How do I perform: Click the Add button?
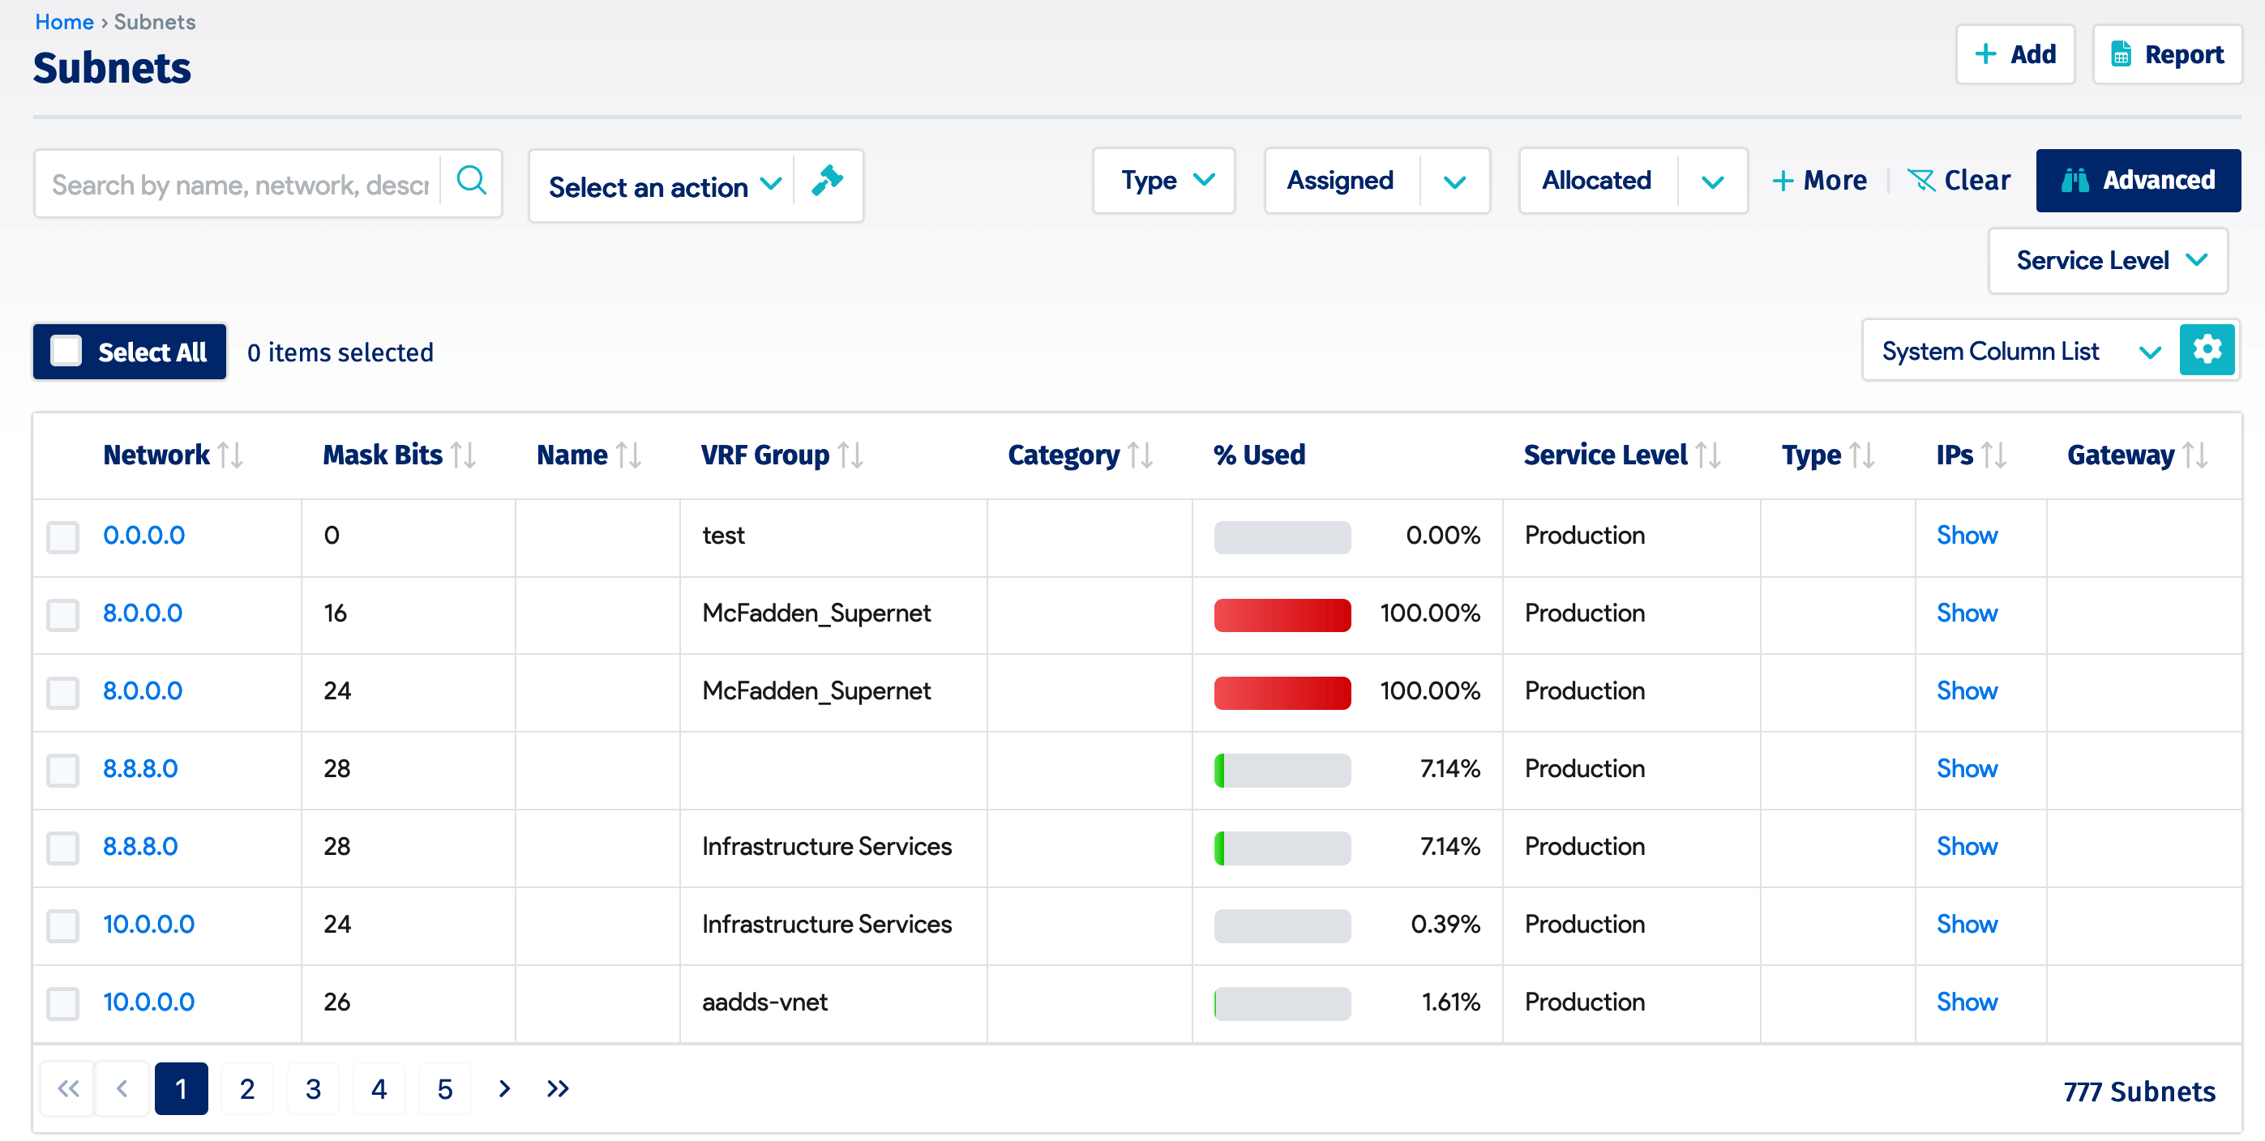click(x=2015, y=54)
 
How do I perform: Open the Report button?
click(x=2167, y=54)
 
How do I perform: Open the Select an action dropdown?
click(x=664, y=186)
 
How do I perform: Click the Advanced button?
click(x=2138, y=180)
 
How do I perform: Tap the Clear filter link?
click(x=1959, y=180)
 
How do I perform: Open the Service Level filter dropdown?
click(x=2108, y=260)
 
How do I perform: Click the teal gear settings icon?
click(x=2206, y=351)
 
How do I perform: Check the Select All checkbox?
click(x=66, y=351)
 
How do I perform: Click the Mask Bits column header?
click(x=383, y=455)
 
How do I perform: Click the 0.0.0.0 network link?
click(x=144, y=536)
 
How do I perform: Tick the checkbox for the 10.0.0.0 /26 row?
click(x=63, y=1003)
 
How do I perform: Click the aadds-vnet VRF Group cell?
click(x=764, y=1002)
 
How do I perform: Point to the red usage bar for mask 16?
click(x=1282, y=614)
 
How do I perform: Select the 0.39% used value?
click(x=1445, y=924)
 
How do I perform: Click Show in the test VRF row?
click(x=1966, y=536)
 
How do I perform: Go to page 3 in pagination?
click(x=313, y=1089)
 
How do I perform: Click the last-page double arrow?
click(x=558, y=1089)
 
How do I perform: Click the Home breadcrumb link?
click(x=64, y=22)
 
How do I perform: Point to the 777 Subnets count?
click(x=2139, y=1092)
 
